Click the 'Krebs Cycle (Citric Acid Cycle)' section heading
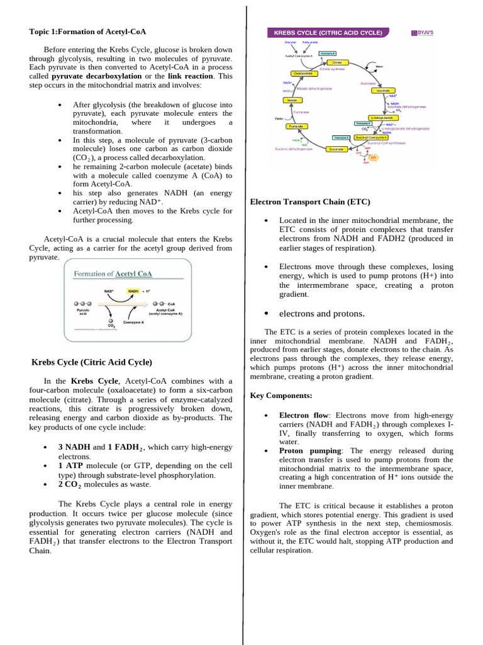coord(92,362)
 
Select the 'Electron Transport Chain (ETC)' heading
coord(310,202)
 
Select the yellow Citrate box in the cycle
coord(337,62)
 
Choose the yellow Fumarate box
coord(296,126)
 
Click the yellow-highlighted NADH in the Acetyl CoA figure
coord(133,291)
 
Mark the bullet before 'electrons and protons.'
coord(267,314)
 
